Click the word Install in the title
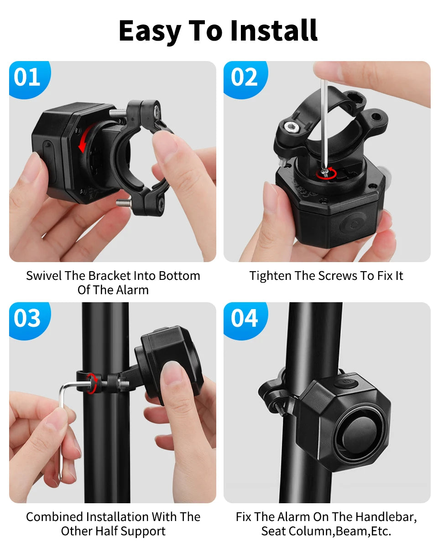(x=274, y=31)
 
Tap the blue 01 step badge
(x=27, y=77)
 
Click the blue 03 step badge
(x=27, y=318)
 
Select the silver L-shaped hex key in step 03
(x=64, y=424)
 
